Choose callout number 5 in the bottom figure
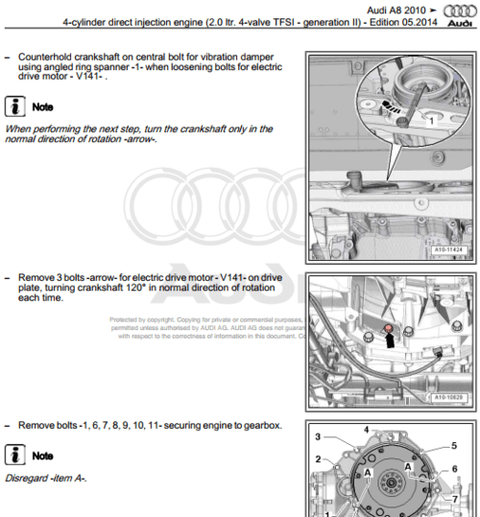click(x=453, y=446)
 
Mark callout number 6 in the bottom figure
click(x=454, y=468)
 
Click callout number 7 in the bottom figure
click(x=454, y=499)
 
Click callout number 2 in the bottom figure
click(x=318, y=459)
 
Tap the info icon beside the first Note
click(x=16, y=106)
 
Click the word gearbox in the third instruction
click(x=260, y=425)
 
